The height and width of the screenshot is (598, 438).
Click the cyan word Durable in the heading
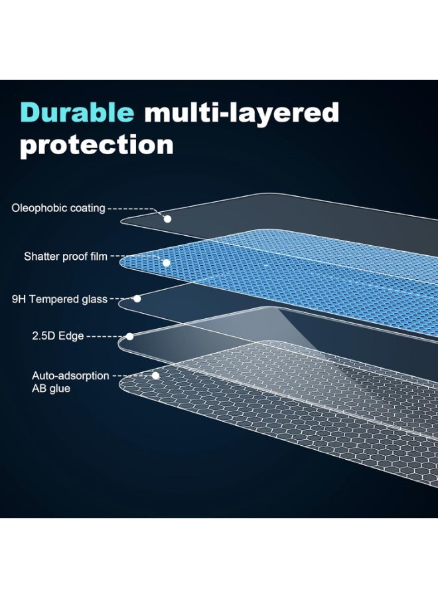pyautogui.click(x=77, y=112)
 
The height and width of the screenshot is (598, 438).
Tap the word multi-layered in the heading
pyautogui.click(x=242, y=114)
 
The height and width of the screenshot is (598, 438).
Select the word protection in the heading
pyautogui.click(x=97, y=146)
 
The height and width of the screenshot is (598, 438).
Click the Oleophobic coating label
pyautogui.click(x=58, y=208)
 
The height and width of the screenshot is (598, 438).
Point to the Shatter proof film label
pyautogui.click(x=66, y=256)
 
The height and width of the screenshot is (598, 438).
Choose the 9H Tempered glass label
pyautogui.click(x=60, y=299)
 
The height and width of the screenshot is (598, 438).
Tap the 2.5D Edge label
pyautogui.click(x=58, y=336)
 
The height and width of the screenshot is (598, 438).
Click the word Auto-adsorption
pyautogui.click(x=70, y=375)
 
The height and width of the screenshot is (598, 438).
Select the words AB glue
pyautogui.click(x=51, y=389)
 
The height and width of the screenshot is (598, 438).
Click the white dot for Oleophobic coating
pyautogui.click(x=168, y=219)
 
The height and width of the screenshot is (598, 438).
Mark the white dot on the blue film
pyautogui.click(x=166, y=262)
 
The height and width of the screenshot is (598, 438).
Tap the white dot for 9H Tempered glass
pyautogui.click(x=137, y=298)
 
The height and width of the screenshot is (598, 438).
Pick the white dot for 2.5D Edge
pyautogui.click(x=130, y=336)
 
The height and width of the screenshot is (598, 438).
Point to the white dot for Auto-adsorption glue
pyautogui.click(x=155, y=375)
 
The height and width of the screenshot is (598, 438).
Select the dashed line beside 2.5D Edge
pyautogui.click(x=107, y=337)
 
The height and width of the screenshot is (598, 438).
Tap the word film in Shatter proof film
pyautogui.click(x=99, y=256)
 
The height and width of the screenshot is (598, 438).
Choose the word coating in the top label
pyautogui.click(x=88, y=208)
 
